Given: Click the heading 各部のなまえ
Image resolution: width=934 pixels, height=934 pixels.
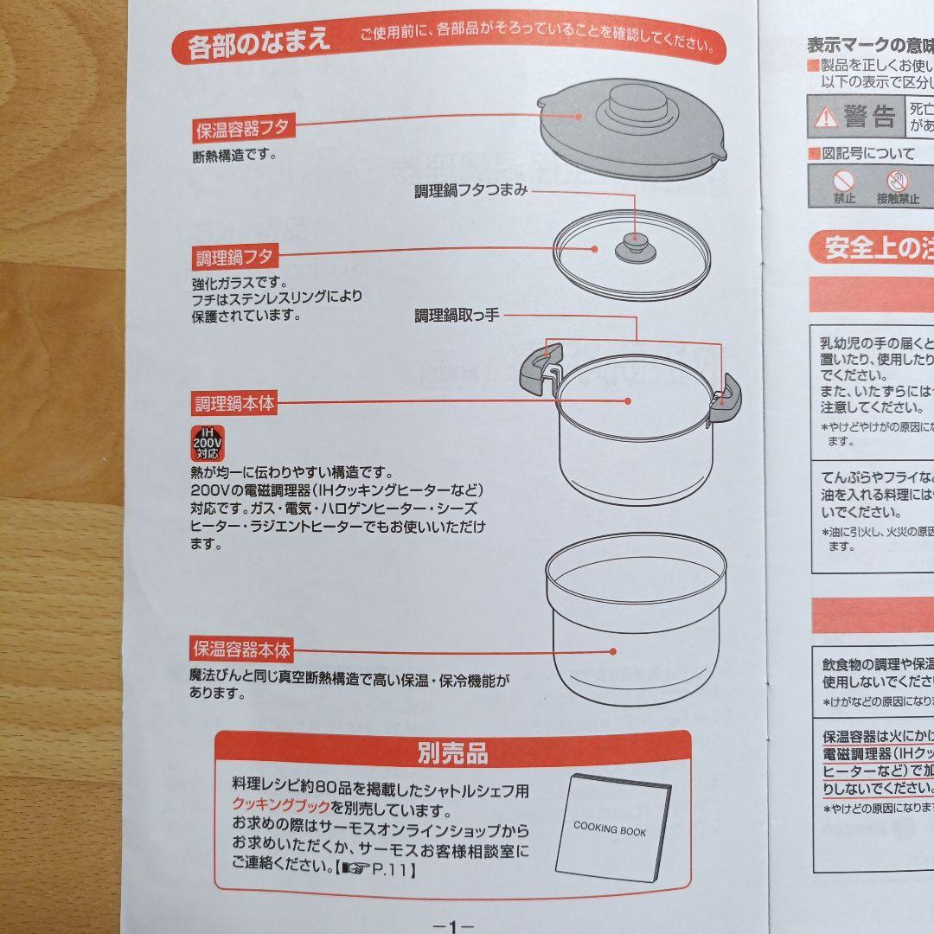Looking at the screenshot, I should (x=259, y=42).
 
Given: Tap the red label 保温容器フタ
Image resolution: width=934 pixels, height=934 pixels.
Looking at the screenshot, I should (x=243, y=130).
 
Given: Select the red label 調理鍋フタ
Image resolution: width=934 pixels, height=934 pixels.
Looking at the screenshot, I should (x=233, y=257).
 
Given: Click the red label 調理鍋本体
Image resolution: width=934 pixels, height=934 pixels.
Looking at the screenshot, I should (x=233, y=403).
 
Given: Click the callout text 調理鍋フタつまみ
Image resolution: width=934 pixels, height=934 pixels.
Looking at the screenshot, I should (x=470, y=191).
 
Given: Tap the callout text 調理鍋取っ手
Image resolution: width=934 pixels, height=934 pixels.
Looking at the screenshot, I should (x=457, y=317).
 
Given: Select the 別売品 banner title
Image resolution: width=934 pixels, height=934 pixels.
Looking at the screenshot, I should (x=452, y=753).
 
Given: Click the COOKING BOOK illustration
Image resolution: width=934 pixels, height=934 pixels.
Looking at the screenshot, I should (x=612, y=828).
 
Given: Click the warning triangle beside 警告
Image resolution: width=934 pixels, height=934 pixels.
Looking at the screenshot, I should (x=828, y=116).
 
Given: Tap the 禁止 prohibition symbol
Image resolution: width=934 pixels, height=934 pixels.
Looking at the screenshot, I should (x=844, y=182).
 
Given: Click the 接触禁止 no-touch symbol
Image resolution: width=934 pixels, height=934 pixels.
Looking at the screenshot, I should (x=898, y=182).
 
